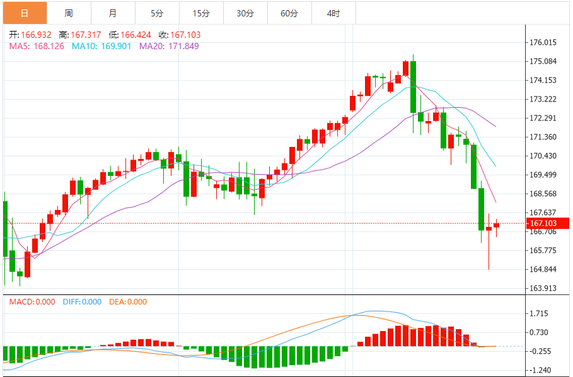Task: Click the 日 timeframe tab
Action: (25, 13)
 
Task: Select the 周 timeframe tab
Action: (69, 13)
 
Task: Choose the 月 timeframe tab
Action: (113, 13)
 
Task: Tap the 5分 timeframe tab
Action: (157, 13)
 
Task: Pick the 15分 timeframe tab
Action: (201, 13)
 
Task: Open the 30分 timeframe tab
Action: (245, 13)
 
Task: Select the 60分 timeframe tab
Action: (289, 13)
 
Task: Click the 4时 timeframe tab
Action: (333, 13)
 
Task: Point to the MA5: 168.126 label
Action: (37, 46)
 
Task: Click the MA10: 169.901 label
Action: (101, 46)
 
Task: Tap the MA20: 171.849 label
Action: (169, 46)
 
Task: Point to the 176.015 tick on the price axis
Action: (543, 43)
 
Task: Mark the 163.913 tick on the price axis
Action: (543, 288)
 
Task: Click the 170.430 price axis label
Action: (543, 156)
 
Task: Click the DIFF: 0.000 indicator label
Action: (82, 302)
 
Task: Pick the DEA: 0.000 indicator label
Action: (129, 302)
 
